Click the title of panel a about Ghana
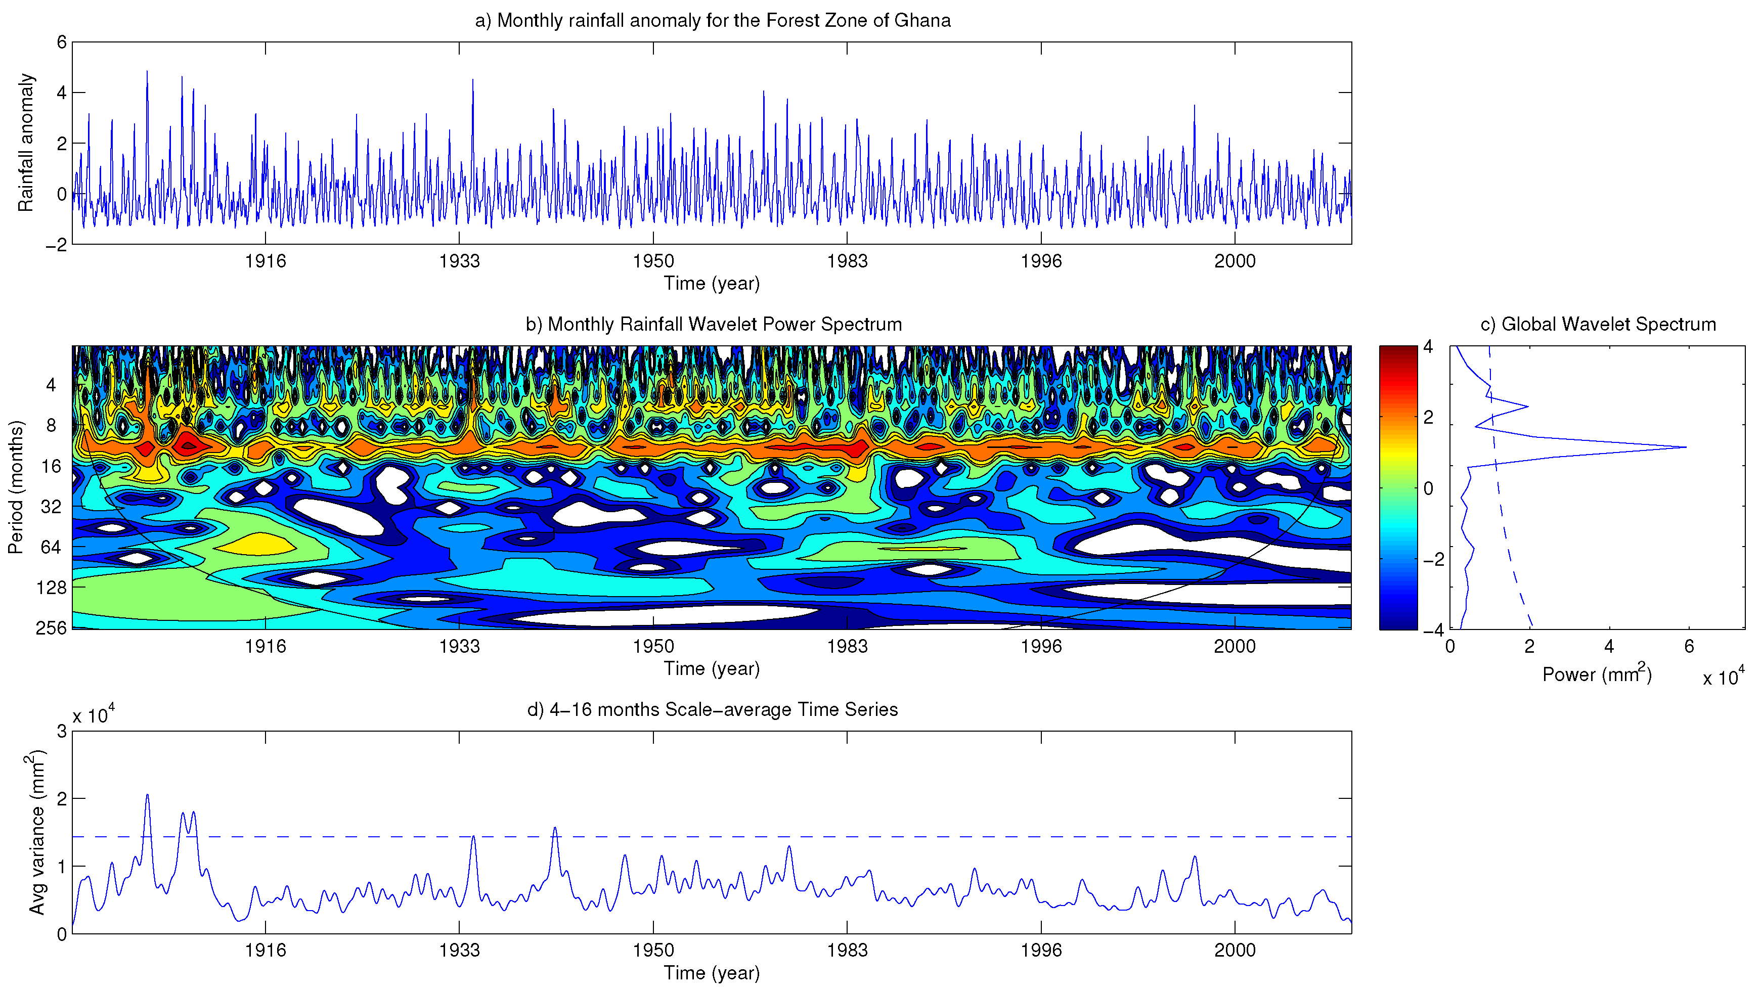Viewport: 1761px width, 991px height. [x=712, y=21]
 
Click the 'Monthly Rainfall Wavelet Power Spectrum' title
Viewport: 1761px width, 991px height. [x=713, y=324]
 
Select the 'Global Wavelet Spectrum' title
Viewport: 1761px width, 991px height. [x=1598, y=324]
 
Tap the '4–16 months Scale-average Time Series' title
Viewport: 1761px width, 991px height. [x=712, y=709]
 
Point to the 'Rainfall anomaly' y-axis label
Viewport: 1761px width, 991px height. [x=25, y=143]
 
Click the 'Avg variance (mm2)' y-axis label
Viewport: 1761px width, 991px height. [x=37, y=832]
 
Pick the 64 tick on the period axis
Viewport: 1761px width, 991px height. [x=51, y=547]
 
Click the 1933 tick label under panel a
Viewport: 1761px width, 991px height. [x=459, y=261]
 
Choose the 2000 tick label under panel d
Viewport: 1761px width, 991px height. [x=1235, y=950]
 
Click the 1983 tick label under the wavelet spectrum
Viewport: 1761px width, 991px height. [x=847, y=647]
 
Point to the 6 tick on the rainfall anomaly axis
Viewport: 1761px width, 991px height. [x=62, y=42]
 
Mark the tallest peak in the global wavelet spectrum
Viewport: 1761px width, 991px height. [x=1685, y=447]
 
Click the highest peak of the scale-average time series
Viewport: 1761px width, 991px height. [x=147, y=795]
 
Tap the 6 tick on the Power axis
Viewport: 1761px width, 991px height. [x=1689, y=647]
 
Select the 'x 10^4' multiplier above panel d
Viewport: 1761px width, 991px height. [x=94, y=715]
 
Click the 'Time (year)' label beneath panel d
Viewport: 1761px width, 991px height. [x=712, y=973]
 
